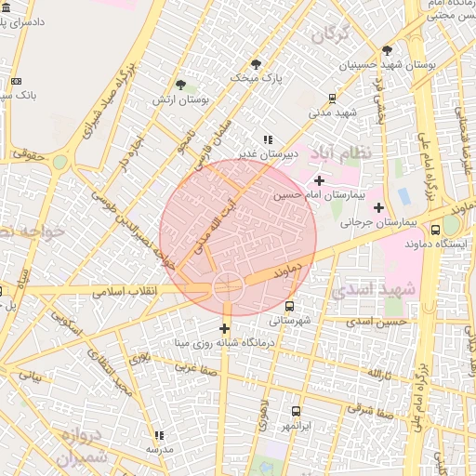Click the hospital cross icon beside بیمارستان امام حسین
[320, 180]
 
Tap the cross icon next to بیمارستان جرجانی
[377, 207]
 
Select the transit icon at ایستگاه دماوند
[435, 230]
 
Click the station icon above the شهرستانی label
[290, 305]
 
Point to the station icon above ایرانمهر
[297, 411]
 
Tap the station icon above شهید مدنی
[333, 98]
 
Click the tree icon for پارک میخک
[257, 64]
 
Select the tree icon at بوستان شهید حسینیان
[387, 50]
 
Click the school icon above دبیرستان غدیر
[269, 139]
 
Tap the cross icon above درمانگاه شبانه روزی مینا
[224, 328]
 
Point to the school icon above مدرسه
[159, 435]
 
